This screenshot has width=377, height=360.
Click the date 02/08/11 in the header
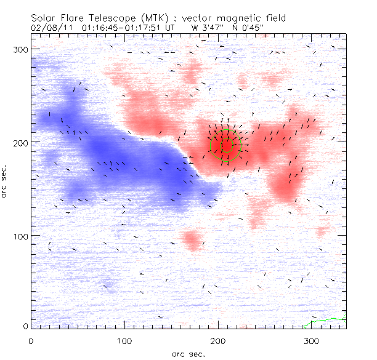(49, 27)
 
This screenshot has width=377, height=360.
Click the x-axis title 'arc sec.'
(188, 354)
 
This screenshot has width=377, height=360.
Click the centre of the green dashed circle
(227, 145)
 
